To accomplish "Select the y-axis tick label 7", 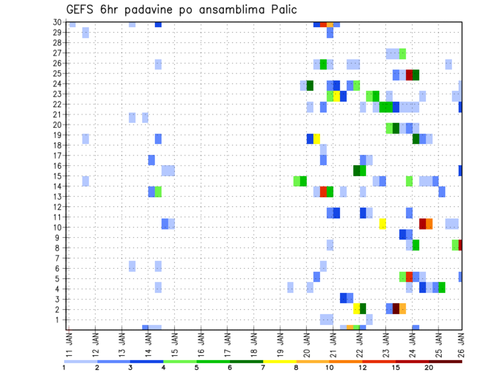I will [59, 258].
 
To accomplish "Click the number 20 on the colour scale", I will [429, 366].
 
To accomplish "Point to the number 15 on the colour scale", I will [396, 366].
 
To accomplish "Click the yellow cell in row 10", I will [382, 224].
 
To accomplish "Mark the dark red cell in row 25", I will [409, 75].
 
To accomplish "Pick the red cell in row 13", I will [323, 192].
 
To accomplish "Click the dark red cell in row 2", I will [396, 308].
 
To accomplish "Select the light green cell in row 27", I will [402, 53].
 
